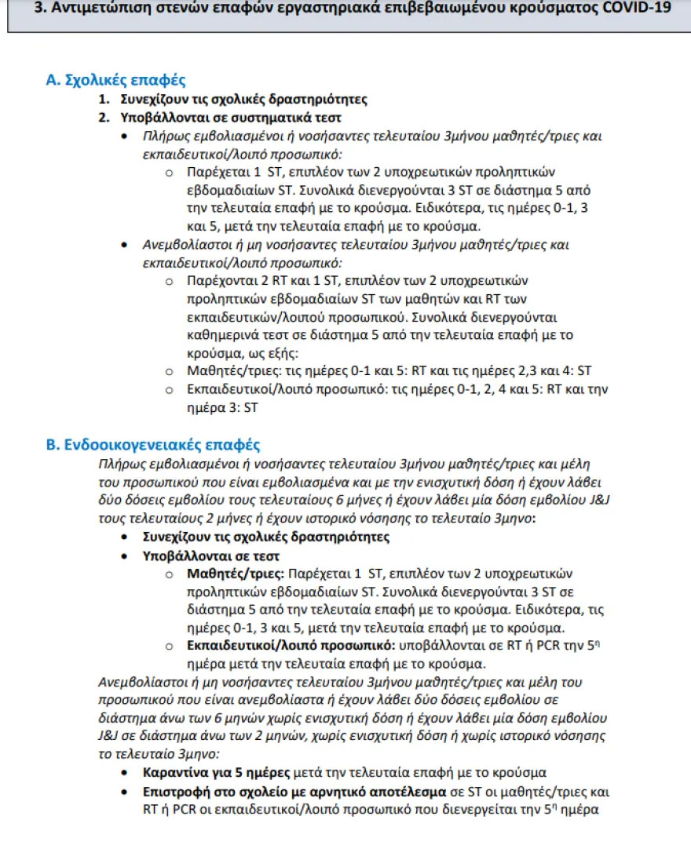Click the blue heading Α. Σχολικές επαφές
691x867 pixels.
pos(116,80)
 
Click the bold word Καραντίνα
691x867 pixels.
pos(177,772)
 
